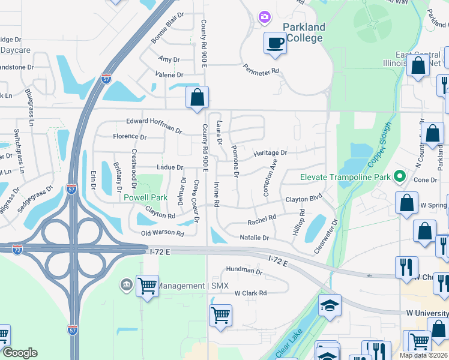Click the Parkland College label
coord(304,32)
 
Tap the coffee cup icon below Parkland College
coord(275,44)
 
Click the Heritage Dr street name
coord(270,153)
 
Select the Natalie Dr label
coord(254,238)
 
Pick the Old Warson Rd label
coord(162,233)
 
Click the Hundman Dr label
coord(243,271)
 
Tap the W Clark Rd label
coord(250,293)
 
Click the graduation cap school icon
coord(329,305)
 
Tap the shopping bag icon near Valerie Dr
coord(197,98)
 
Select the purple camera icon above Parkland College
coord(264,17)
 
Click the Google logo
coord(20,353)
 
